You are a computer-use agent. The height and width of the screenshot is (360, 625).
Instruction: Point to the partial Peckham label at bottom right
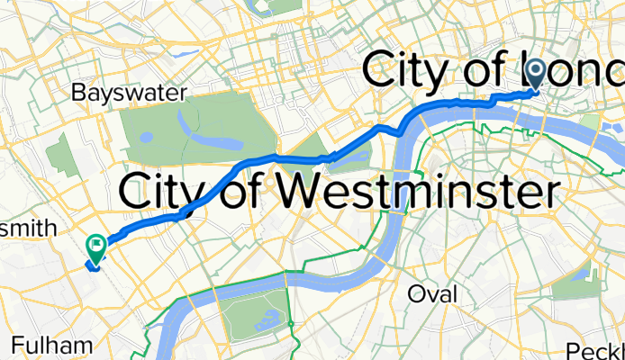point(596,350)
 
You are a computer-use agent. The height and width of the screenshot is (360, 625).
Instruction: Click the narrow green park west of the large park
point(61,155)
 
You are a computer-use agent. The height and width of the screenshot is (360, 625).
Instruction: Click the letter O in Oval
point(417,294)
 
